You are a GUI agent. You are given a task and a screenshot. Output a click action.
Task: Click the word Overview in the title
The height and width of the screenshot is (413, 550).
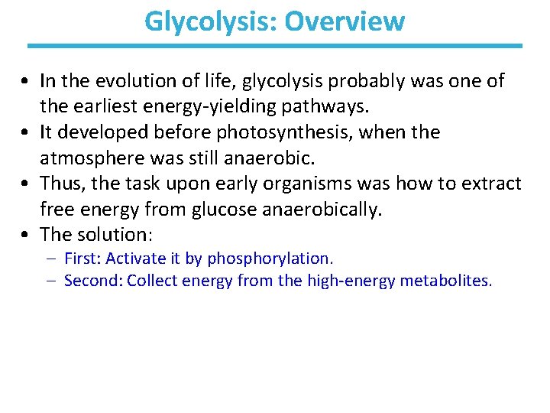pyautogui.click(x=344, y=21)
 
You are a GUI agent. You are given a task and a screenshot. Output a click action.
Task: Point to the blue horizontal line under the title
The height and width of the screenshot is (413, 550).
pyautogui.click(x=275, y=46)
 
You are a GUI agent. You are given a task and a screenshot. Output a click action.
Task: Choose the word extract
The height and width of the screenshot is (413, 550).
pyautogui.click(x=492, y=184)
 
